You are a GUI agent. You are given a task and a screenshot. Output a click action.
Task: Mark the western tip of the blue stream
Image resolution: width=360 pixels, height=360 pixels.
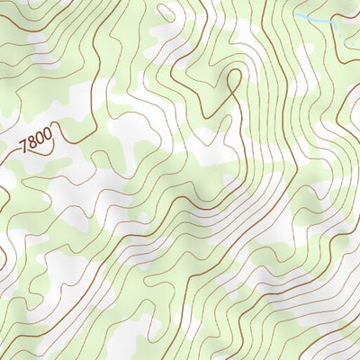point(296,15)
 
